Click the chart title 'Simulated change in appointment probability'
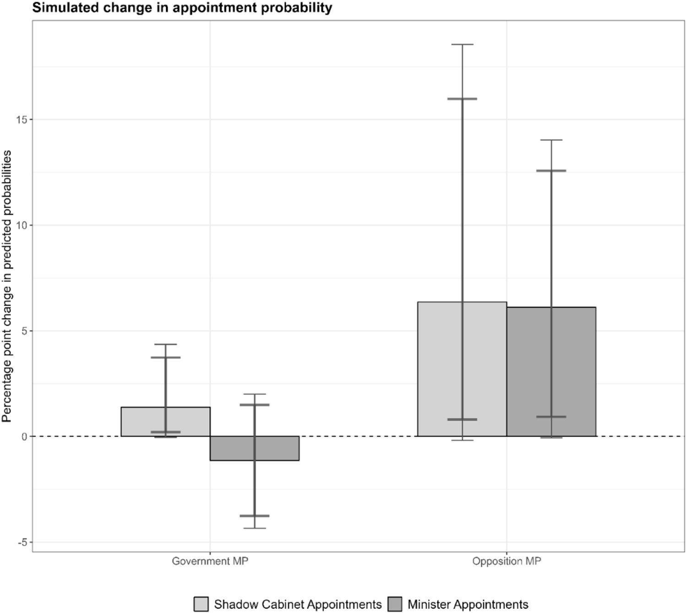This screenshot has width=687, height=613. point(182,7)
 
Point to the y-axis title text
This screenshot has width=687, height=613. point(6,286)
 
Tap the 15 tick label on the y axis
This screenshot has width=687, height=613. point(22,119)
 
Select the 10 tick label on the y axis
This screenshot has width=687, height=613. point(22,225)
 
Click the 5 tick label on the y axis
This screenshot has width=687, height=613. point(24,331)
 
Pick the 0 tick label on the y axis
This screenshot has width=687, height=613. point(24,436)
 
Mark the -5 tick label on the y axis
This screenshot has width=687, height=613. point(23,542)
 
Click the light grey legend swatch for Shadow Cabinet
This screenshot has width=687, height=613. point(201,604)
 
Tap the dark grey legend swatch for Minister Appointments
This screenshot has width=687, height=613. point(394,604)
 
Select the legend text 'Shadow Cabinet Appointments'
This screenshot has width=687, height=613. point(298,604)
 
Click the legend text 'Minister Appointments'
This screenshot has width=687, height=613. point(468,604)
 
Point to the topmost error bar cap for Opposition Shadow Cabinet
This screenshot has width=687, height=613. point(462,44)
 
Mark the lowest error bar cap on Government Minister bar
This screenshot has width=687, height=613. point(254,528)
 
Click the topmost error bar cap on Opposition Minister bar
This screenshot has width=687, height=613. point(551,140)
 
